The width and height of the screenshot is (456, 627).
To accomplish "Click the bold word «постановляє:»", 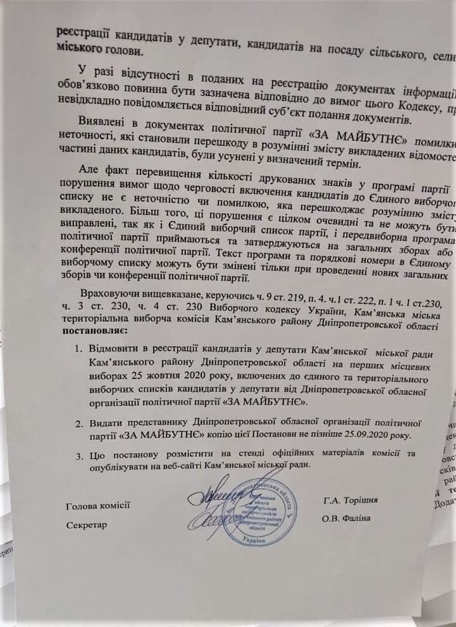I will [x=94, y=331].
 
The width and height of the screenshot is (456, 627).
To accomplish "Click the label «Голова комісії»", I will [x=97, y=487].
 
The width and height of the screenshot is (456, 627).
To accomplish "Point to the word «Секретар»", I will [x=86, y=506].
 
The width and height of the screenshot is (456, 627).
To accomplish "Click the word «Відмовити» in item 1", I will [x=117, y=349].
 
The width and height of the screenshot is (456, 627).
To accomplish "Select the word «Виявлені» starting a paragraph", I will [x=102, y=120].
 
